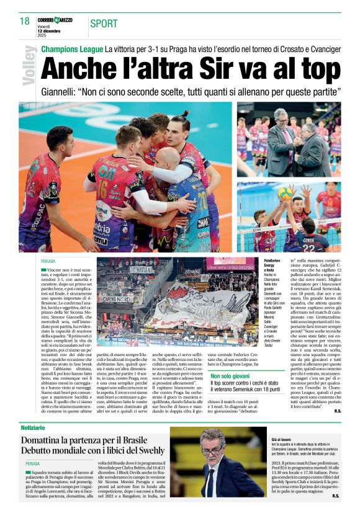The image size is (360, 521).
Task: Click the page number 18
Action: [x=25, y=22]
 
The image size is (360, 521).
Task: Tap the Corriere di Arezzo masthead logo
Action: [x=55, y=20]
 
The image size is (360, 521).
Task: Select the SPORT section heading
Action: [x=104, y=24]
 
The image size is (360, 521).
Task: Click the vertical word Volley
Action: [x=29, y=65]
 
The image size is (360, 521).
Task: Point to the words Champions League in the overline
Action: [x=72, y=48]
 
